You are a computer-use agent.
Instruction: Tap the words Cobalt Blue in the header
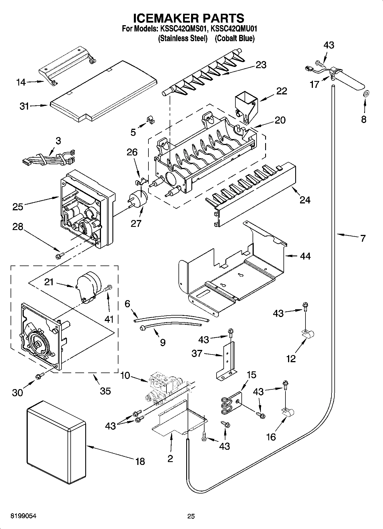click(x=235, y=38)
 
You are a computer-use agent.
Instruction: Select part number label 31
click(x=24, y=106)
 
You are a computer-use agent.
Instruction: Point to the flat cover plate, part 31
click(x=103, y=92)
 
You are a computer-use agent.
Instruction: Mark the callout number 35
click(x=105, y=390)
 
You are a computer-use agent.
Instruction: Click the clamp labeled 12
click(x=308, y=334)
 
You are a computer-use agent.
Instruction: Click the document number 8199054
click(x=23, y=516)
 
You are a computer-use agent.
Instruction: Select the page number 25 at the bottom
click(x=191, y=516)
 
